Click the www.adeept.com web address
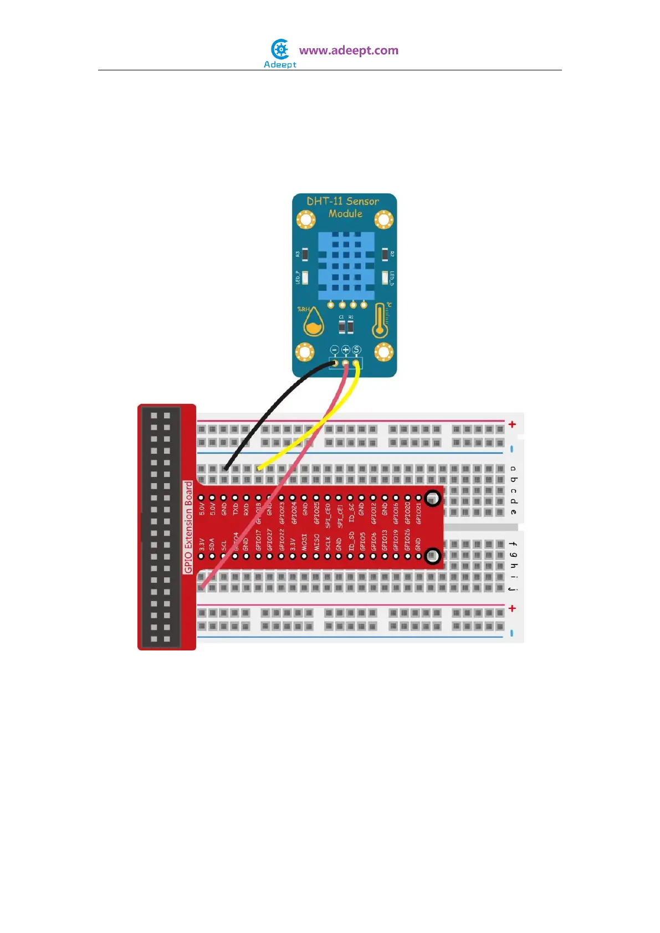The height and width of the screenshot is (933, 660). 349,50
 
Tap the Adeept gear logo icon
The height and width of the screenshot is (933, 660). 280,49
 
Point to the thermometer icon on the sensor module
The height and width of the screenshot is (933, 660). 380,321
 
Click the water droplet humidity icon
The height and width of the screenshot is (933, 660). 314,322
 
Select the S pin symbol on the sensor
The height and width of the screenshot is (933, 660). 356,350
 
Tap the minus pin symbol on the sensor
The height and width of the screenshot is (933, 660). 334,350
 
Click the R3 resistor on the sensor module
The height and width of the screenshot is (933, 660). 305,254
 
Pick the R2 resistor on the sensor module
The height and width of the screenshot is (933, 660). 385,254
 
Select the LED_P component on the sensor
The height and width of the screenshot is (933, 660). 305,277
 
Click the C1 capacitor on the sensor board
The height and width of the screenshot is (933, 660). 342,326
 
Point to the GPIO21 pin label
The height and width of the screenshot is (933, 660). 419,513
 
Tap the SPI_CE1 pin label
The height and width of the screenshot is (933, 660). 340,515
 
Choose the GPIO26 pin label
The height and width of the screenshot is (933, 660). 407,540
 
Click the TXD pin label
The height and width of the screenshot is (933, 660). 236,509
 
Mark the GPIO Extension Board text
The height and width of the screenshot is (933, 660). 188,527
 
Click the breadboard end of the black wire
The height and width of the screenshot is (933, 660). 225,469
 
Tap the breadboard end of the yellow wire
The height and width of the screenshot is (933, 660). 259,469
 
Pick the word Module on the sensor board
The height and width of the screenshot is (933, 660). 345,214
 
